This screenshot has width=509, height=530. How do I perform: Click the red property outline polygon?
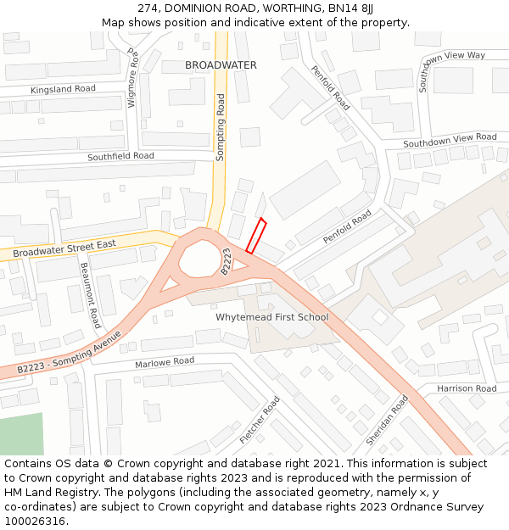256,237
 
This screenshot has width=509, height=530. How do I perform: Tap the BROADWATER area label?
221,65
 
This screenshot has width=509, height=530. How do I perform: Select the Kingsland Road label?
63,89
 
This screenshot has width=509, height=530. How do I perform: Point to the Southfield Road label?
120,156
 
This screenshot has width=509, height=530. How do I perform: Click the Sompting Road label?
221,128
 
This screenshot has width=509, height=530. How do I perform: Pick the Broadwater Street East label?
64,248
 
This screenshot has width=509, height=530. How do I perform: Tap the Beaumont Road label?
91,294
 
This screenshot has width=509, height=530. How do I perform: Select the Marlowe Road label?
165,362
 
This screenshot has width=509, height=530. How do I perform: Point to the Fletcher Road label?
260,419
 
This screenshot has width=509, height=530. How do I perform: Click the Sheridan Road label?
387,421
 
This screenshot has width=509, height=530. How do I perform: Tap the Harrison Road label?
467,388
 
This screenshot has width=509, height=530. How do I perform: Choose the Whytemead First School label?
271,317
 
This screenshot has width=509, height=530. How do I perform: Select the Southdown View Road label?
450,139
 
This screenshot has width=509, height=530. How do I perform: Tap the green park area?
20,434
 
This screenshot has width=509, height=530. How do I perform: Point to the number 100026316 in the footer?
34,521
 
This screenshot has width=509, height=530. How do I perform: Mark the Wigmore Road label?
133,78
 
